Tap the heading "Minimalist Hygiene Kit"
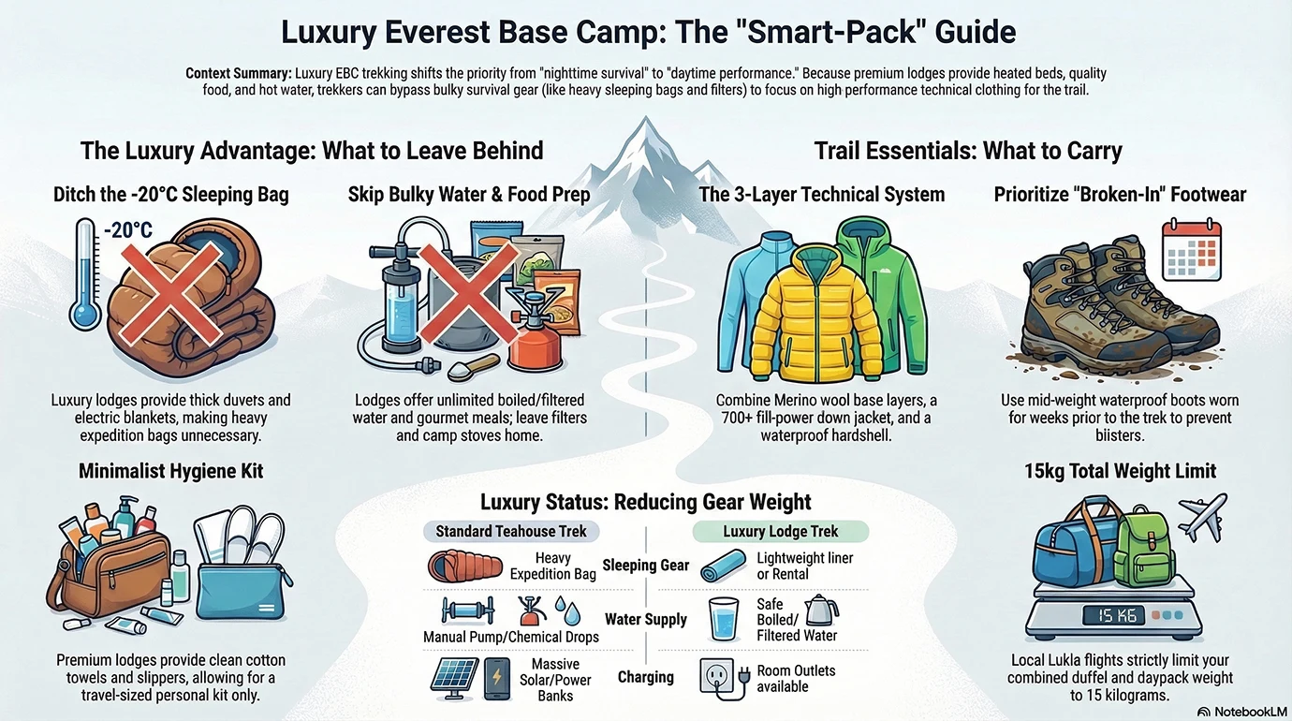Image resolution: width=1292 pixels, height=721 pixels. click(x=170, y=471)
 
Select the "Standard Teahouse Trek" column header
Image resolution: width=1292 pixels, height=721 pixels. click(x=510, y=531)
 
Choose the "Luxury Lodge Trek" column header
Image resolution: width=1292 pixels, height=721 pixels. click(x=781, y=531)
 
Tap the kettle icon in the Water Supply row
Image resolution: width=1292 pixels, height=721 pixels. click(x=821, y=611)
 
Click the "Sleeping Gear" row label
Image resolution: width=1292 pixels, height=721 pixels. click(x=645, y=565)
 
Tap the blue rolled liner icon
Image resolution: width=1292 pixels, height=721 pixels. click(x=724, y=566)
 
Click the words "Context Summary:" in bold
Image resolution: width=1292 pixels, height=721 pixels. click(x=238, y=73)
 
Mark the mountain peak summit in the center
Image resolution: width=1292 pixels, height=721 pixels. click(x=647, y=122)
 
